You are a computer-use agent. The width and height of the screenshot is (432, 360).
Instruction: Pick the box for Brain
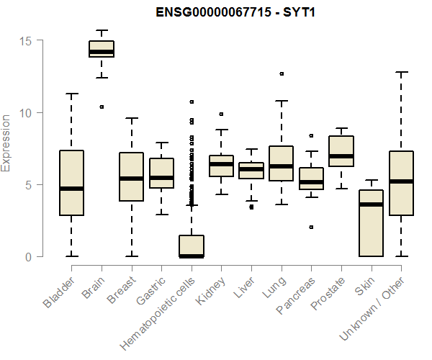coord(102,49)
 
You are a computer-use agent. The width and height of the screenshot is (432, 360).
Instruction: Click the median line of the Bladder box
coord(72,189)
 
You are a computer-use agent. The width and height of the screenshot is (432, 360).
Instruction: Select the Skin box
coord(371,223)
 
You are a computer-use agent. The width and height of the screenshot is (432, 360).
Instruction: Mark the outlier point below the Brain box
coord(102,107)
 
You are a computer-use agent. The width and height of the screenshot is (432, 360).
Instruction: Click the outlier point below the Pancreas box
coord(311,227)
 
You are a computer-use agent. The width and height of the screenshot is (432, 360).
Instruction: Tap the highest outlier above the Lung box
coord(282,73)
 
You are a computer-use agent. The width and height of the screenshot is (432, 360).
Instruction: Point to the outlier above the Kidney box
coord(222,114)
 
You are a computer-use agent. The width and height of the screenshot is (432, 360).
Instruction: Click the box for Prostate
coord(341,151)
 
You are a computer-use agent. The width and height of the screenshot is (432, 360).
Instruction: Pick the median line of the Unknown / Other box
coord(401,181)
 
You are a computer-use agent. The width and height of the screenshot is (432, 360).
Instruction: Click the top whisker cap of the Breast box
coord(132,118)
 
